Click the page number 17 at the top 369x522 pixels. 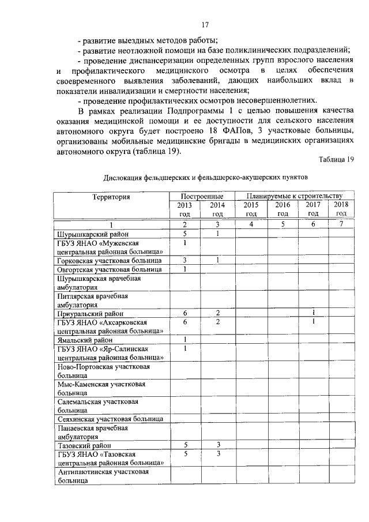205,25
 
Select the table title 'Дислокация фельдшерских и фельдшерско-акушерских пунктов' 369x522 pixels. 206,178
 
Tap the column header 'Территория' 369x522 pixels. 111,197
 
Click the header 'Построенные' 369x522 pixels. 201,197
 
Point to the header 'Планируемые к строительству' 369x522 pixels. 293,197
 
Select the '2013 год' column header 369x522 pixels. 185,209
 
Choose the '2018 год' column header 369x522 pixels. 341,209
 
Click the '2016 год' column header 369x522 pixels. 283,209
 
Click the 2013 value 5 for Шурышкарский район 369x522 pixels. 185,234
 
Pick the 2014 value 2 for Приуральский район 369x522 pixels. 218,312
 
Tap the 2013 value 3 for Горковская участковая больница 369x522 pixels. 185,261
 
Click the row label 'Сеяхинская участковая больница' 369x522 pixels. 110,418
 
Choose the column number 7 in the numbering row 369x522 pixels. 341,225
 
